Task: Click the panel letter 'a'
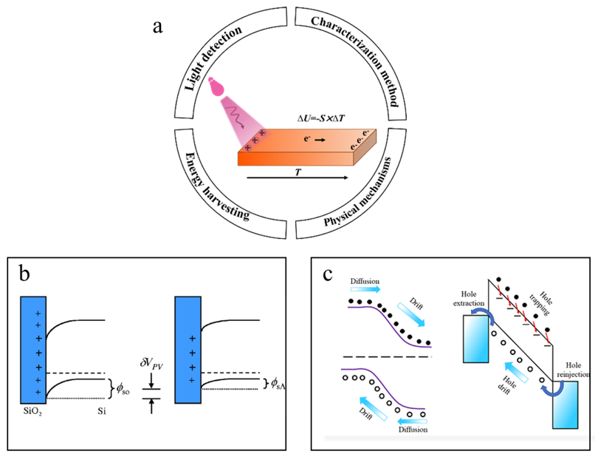[x=157, y=28]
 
